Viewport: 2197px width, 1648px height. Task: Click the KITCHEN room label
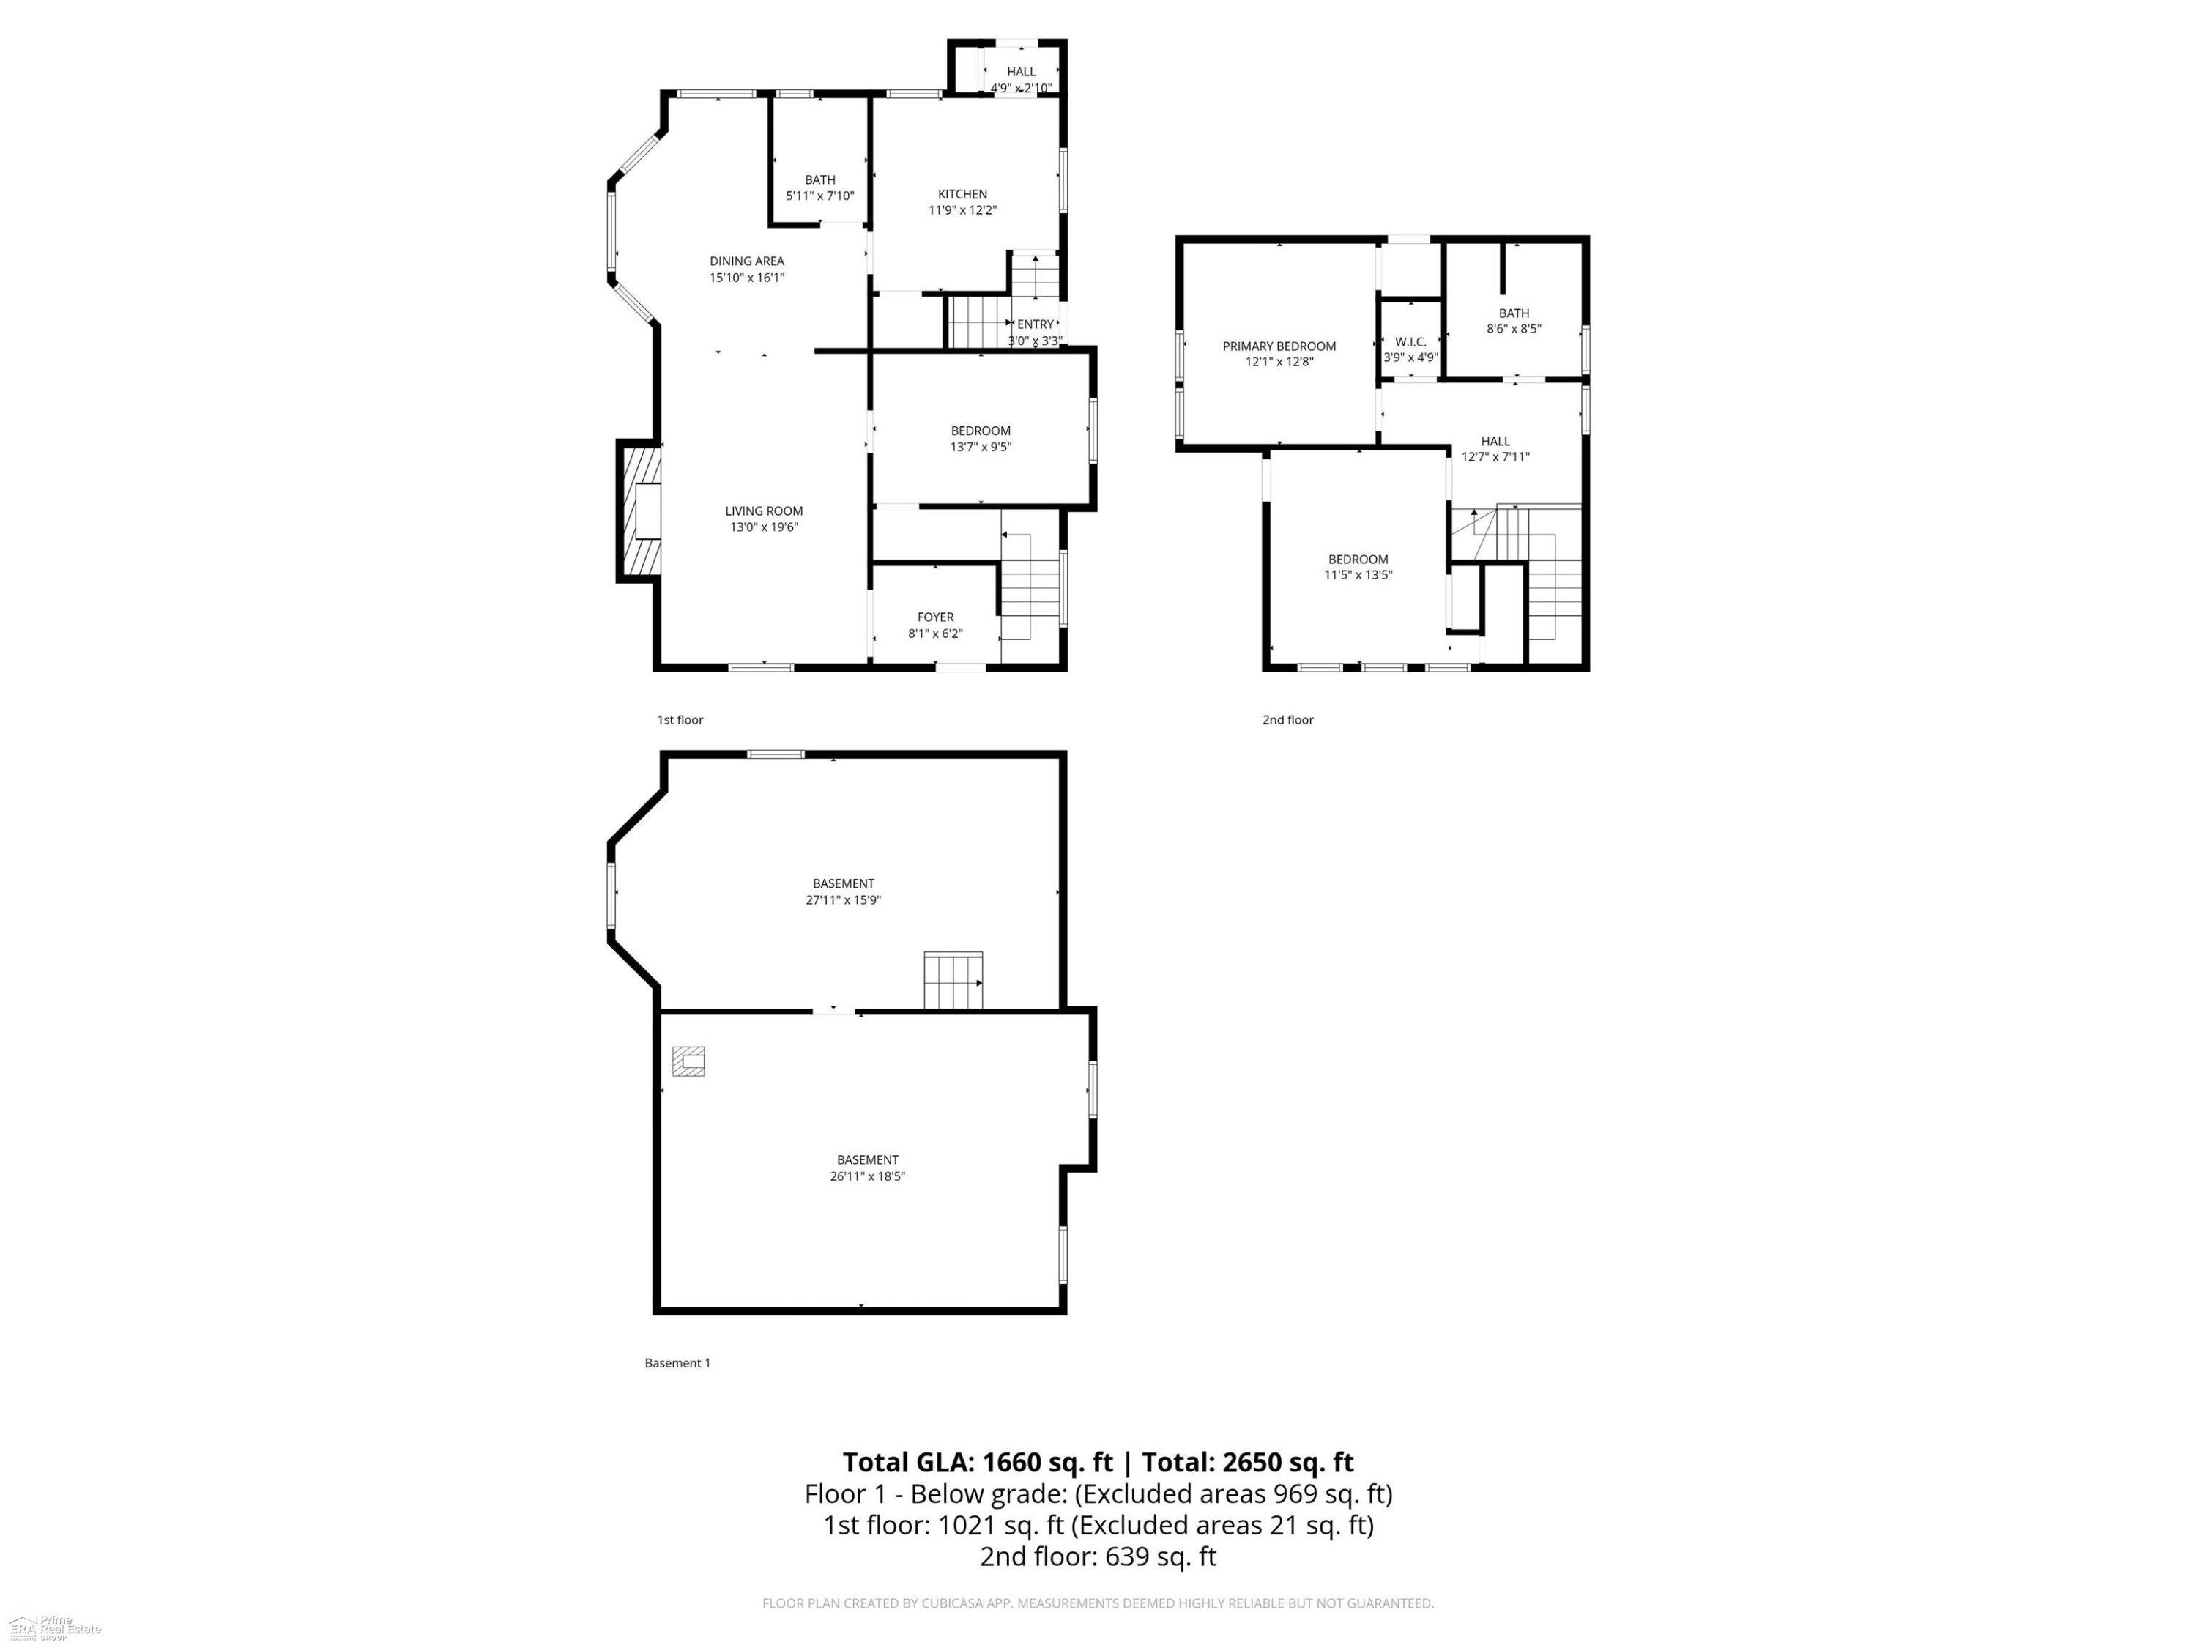tap(962, 193)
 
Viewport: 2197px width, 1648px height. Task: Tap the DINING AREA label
tap(747, 261)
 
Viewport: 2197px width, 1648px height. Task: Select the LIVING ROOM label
tap(764, 511)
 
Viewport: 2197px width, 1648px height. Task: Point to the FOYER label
tap(936, 617)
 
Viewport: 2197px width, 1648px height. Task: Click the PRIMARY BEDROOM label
tap(1279, 346)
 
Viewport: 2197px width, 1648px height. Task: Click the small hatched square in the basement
tap(688, 1061)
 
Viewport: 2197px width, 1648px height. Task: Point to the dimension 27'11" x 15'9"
tap(843, 900)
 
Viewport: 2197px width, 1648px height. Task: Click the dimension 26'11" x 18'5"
tap(867, 1176)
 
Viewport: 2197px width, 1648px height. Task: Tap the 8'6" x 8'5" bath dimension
tap(1514, 329)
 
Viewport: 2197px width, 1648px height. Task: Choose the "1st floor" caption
tap(680, 720)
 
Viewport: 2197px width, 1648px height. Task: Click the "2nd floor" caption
tap(1287, 720)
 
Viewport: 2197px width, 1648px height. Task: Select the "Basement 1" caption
tap(677, 1363)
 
